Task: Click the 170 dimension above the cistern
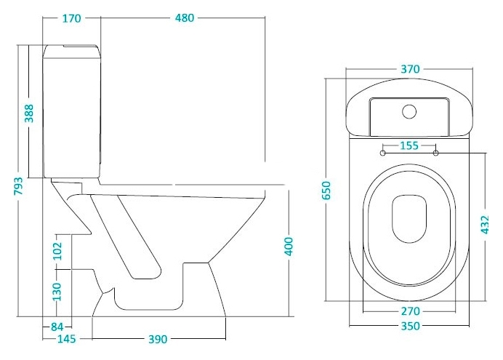[71, 18]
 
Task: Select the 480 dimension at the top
[185, 18]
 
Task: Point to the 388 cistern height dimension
[29, 113]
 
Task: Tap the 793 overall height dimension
[18, 185]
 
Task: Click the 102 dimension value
[57, 251]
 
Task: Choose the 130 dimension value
[57, 292]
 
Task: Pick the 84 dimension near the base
[57, 327]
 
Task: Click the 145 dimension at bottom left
[67, 339]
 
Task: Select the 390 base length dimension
[158, 339]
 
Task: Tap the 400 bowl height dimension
[289, 247]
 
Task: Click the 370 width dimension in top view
[410, 69]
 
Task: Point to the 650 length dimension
[326, 191]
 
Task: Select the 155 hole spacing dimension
[409, 145]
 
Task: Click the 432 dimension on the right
[485, 225]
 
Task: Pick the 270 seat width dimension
[410, 311]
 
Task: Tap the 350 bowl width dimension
[410, 326]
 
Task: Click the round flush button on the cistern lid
[409, 112]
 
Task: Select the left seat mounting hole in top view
[383, 153]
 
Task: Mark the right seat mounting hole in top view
[435, 153]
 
